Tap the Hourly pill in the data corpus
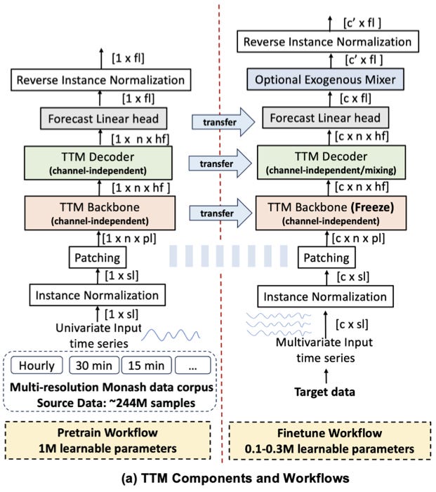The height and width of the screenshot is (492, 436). [x=36, y=366]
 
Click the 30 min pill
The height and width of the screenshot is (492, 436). [x=91, y=366]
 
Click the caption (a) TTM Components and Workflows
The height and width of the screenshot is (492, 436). [x=218, y=479]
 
